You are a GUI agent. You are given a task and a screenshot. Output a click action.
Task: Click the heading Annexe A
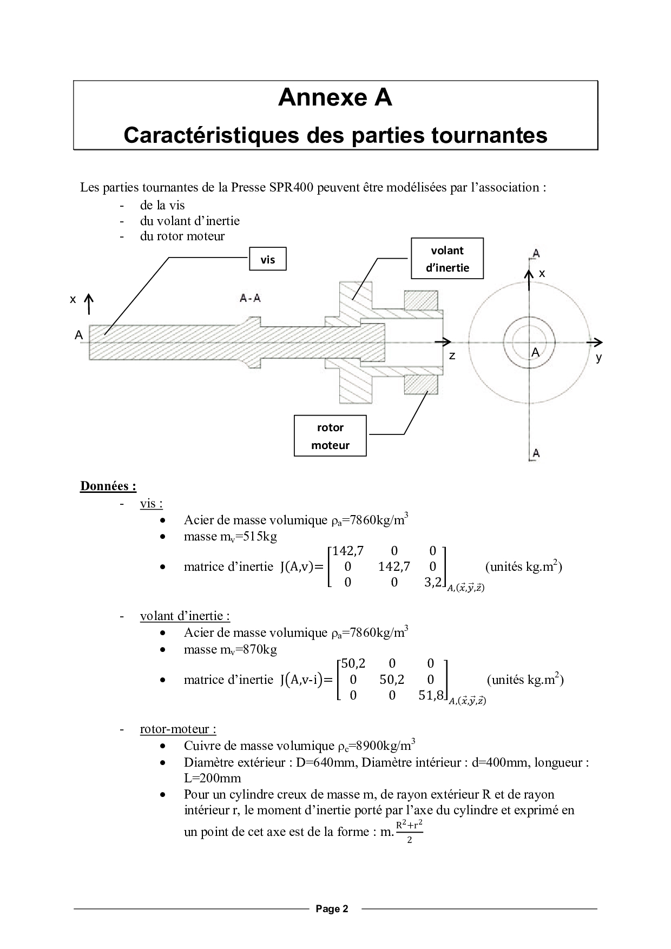coord(335,97)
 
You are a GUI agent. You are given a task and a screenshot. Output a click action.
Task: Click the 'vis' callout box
coord(267,259)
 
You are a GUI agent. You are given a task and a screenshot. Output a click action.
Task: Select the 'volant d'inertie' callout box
coord(447,259)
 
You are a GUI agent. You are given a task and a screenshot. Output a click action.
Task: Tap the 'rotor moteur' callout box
coord(330,436)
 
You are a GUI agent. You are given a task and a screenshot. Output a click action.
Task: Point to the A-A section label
coord(250,298)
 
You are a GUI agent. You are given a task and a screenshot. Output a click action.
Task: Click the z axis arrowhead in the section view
coord(446,341)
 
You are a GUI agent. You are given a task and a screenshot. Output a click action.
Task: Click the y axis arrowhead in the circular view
coord(597,341)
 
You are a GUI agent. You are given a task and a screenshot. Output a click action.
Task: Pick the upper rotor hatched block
coord(420,300)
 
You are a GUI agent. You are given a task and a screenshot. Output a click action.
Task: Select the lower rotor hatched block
coord(420,384)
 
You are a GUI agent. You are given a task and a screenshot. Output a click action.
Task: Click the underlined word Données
coord(108,486)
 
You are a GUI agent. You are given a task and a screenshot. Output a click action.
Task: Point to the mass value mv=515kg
coord(230,537)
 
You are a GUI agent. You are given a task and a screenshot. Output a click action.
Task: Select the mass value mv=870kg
coord(230,649)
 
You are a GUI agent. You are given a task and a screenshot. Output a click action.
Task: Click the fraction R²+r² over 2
coord(409,832)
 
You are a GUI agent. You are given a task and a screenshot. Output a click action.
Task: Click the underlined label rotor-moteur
coord(178,729)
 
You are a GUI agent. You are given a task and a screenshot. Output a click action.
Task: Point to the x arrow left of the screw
coord(89,305)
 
